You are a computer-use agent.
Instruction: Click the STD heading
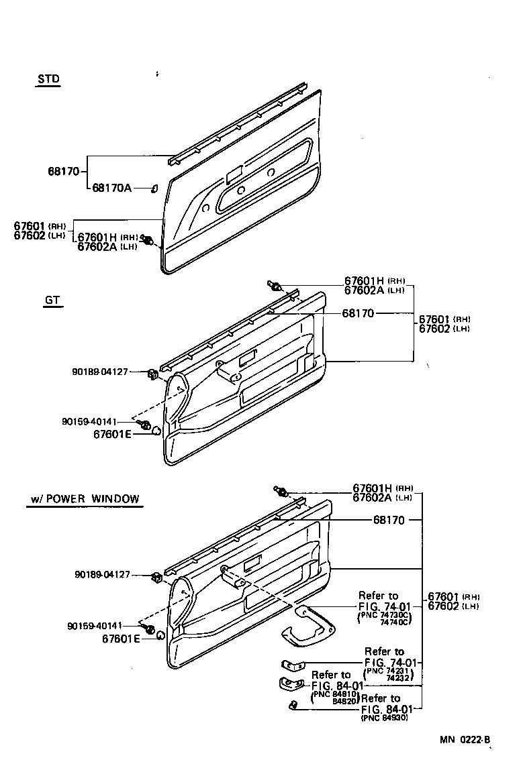[x=48, y=79]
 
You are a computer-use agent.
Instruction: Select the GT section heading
[x=52, y=301]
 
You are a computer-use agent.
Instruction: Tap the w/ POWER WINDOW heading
[x=85, y=499]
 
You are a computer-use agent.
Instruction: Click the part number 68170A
[x=111, y=188]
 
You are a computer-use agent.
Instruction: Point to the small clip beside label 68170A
[x=154, y=188]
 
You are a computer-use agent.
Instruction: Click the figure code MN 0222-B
[x=465, y=740]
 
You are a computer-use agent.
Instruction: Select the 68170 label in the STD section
[x=64, y=171]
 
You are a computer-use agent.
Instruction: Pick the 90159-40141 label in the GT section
[x=89, y=422]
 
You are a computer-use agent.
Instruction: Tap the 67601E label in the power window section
[x=121, y=638]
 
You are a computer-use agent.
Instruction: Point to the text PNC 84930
[x=385, y=718]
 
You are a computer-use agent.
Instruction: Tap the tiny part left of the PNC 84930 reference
[x=293, y=704]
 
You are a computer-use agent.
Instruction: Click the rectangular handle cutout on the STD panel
[x=234, y=175]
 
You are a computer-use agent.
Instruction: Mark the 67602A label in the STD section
[x=97, y=246]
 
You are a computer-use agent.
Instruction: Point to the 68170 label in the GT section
[x=358, y=313]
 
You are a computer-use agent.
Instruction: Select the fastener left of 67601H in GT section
[x=275, y=285]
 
